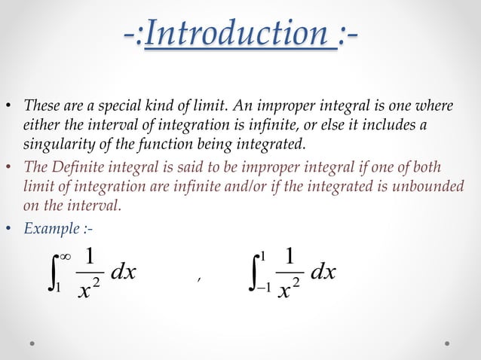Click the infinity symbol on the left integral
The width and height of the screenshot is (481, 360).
pos(65,257)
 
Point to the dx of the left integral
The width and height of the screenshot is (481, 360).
pos(123,272)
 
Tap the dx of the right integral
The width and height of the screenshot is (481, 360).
pos(323,272)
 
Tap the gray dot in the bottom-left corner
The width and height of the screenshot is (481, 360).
pos(33,343)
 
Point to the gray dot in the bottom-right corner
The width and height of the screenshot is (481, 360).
pos(448,343)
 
